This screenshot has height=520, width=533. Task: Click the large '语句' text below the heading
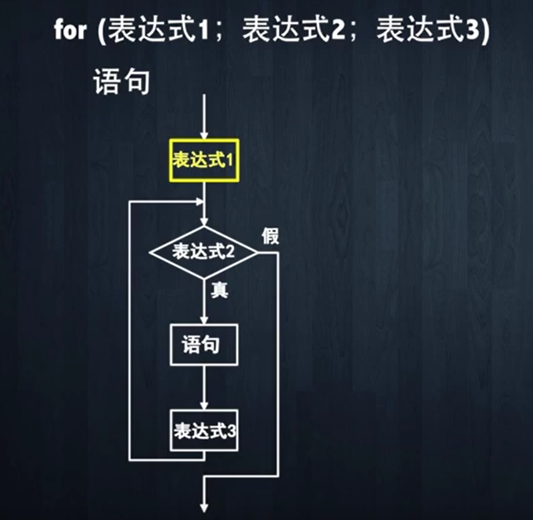(120, 82)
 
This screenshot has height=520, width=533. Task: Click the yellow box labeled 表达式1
(204, 160)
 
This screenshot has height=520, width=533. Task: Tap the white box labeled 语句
(203, 345)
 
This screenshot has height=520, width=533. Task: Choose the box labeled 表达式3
(205, 430)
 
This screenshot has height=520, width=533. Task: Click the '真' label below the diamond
(219, 291)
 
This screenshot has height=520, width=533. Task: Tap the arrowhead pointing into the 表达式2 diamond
(204, 221)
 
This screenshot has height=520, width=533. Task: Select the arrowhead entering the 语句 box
(203, 320)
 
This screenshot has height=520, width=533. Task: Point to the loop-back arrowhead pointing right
(199, 200)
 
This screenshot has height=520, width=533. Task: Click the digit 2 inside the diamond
(229, 252)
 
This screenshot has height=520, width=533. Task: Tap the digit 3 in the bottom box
(231, 431)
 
